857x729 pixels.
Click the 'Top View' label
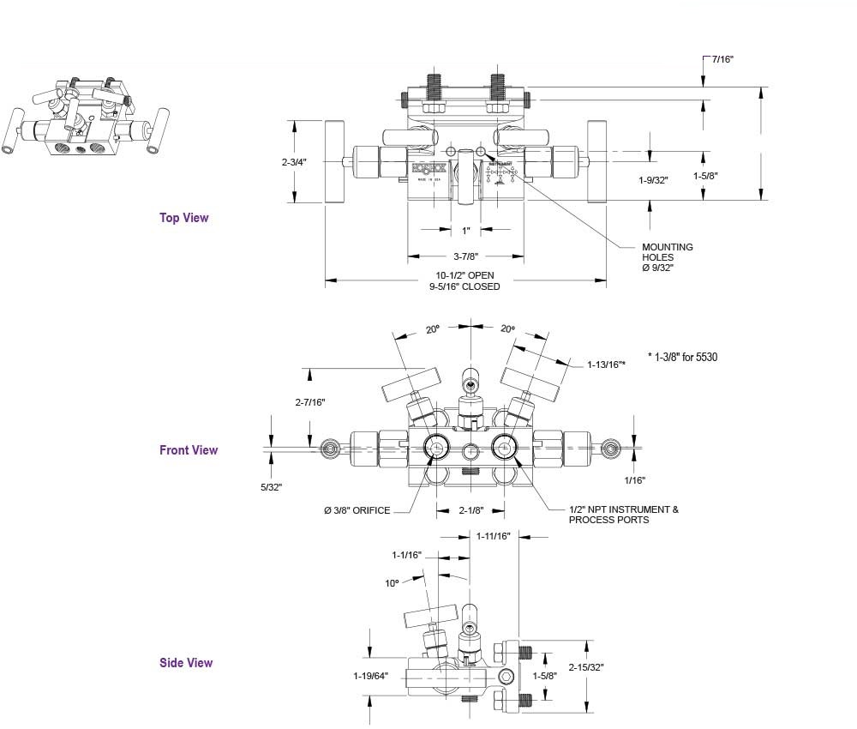click(183, 218)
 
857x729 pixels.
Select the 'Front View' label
click(189, 450)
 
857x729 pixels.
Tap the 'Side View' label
click(186, 663)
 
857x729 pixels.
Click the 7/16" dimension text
click(722, 59)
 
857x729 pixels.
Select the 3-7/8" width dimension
click(464, 256)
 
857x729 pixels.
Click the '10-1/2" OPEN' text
click(464, 275)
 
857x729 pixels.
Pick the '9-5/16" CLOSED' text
click(464, 286)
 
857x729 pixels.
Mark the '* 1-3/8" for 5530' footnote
click(682, 356)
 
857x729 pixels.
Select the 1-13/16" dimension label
click(606, 364)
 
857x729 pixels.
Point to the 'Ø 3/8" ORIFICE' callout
click(357, 511)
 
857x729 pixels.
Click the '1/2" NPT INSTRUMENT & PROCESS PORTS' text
click(623, 515)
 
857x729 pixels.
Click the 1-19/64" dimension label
click(370, 676)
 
